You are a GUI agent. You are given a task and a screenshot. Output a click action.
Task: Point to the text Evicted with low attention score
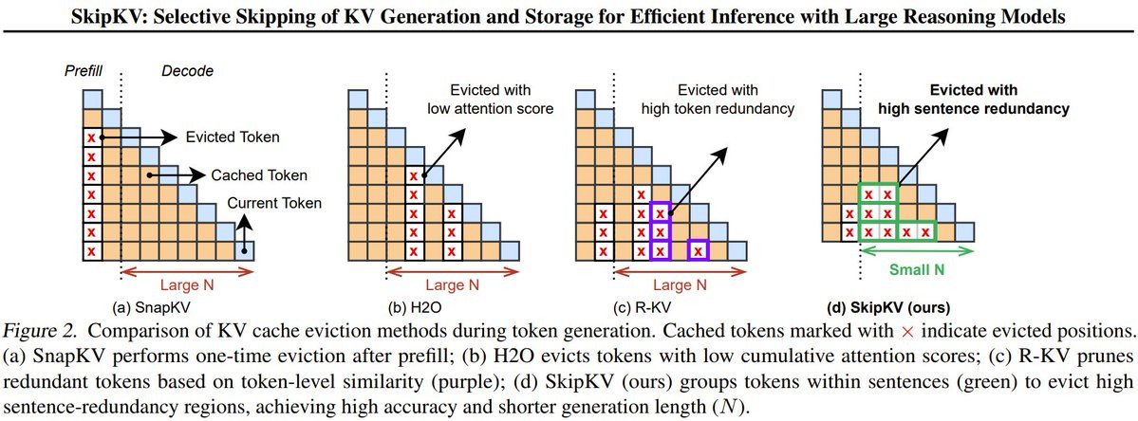pos(487,100)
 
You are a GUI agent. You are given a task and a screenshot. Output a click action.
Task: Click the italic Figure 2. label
pos(43,333)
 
